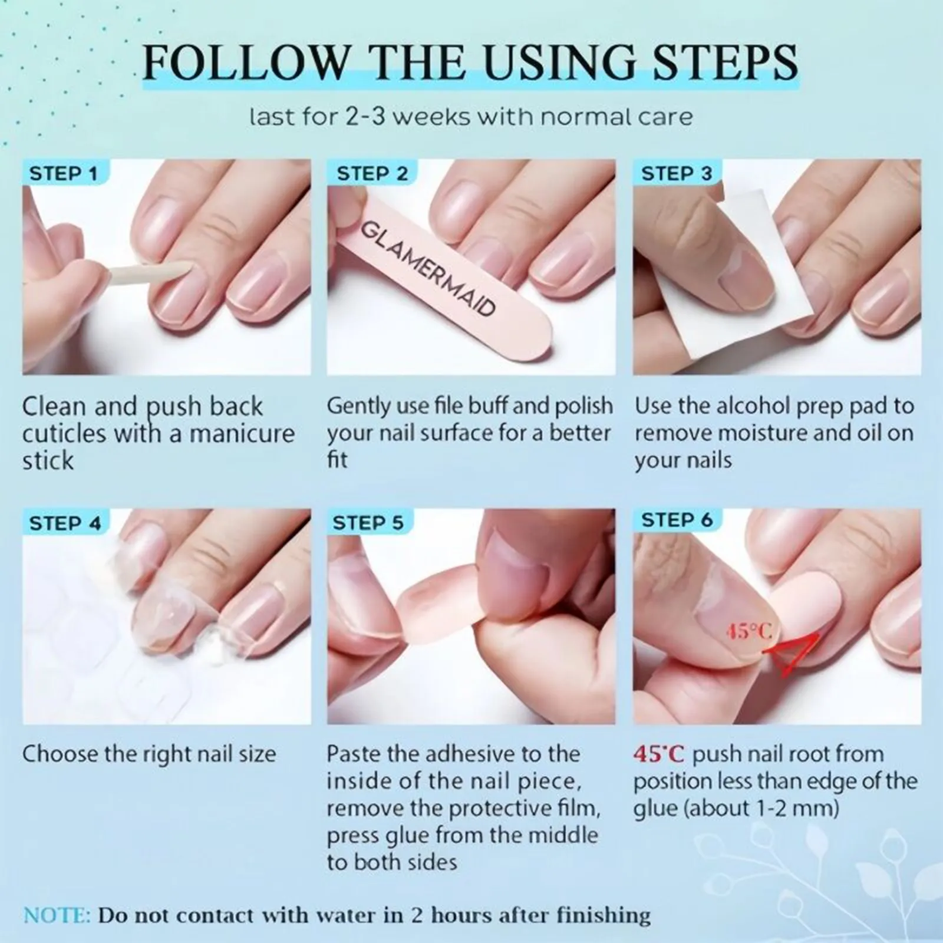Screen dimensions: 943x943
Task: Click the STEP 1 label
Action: coord(63,174)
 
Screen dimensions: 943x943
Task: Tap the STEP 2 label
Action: coord(372,174)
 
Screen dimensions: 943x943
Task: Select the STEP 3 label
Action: coord(677,174)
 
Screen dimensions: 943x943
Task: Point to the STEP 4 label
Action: coord(65,523)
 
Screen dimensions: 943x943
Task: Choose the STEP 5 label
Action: coord(368,523)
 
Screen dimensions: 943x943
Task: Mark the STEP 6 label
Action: coord(677,520)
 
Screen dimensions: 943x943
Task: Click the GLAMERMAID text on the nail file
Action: coord(427,268)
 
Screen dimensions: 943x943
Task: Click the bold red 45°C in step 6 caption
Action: coord(660,754)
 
